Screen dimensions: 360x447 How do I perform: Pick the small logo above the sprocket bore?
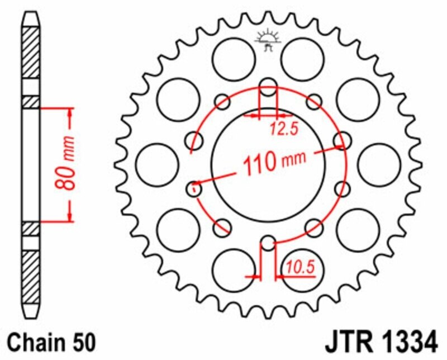268,39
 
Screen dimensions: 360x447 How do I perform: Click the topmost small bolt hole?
268,87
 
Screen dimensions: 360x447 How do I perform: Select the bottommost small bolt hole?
268,243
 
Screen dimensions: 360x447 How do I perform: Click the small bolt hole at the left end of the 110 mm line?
194,188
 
